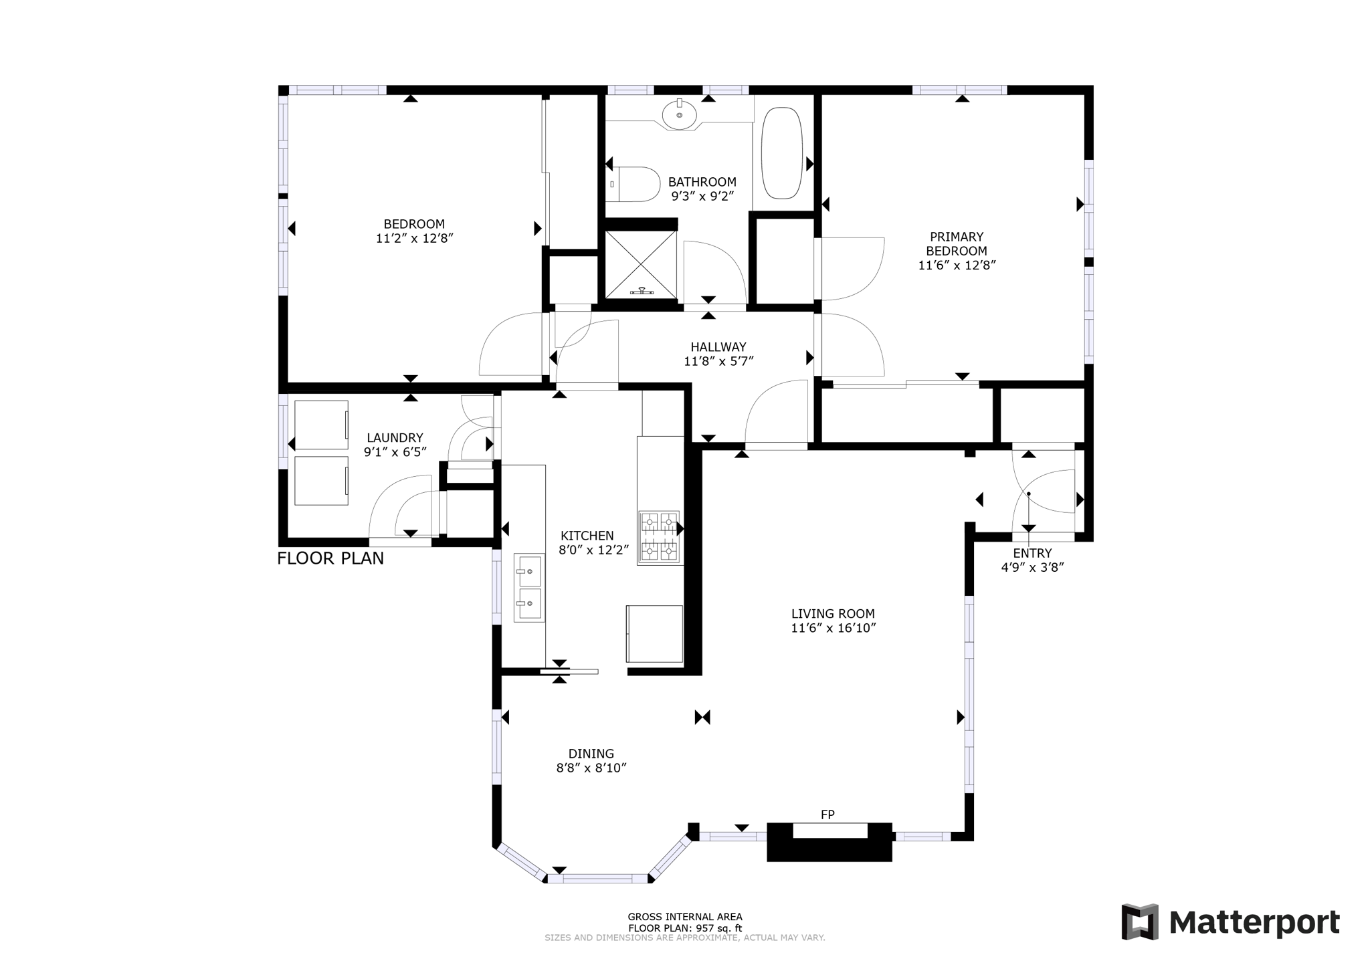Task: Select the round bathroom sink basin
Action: (x=679, y=115)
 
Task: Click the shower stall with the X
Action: (x=640, y=263)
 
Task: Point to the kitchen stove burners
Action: (x=659, y=536)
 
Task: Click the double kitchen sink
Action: (x=529, y=587)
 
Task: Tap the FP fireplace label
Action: (x=827, y=815)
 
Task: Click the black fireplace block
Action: (x=829, y=849)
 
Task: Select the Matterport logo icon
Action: (x=1139, y=922)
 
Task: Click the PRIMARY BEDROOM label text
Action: (x=956, y=243)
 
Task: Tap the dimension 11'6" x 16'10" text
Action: (x=833, y=628)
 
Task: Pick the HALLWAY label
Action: (x=718, y=347)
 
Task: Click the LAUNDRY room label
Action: (x=395, y=438)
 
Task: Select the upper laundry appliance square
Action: (x=321, y=425)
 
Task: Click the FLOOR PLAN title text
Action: (x=330, y=558)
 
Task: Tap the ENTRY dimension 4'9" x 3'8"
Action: (x=1032, y=568)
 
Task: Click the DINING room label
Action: (x=591, y=754)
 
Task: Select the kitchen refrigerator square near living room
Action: (x=654, y=633)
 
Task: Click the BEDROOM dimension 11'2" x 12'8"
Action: (x=414, y=238)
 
